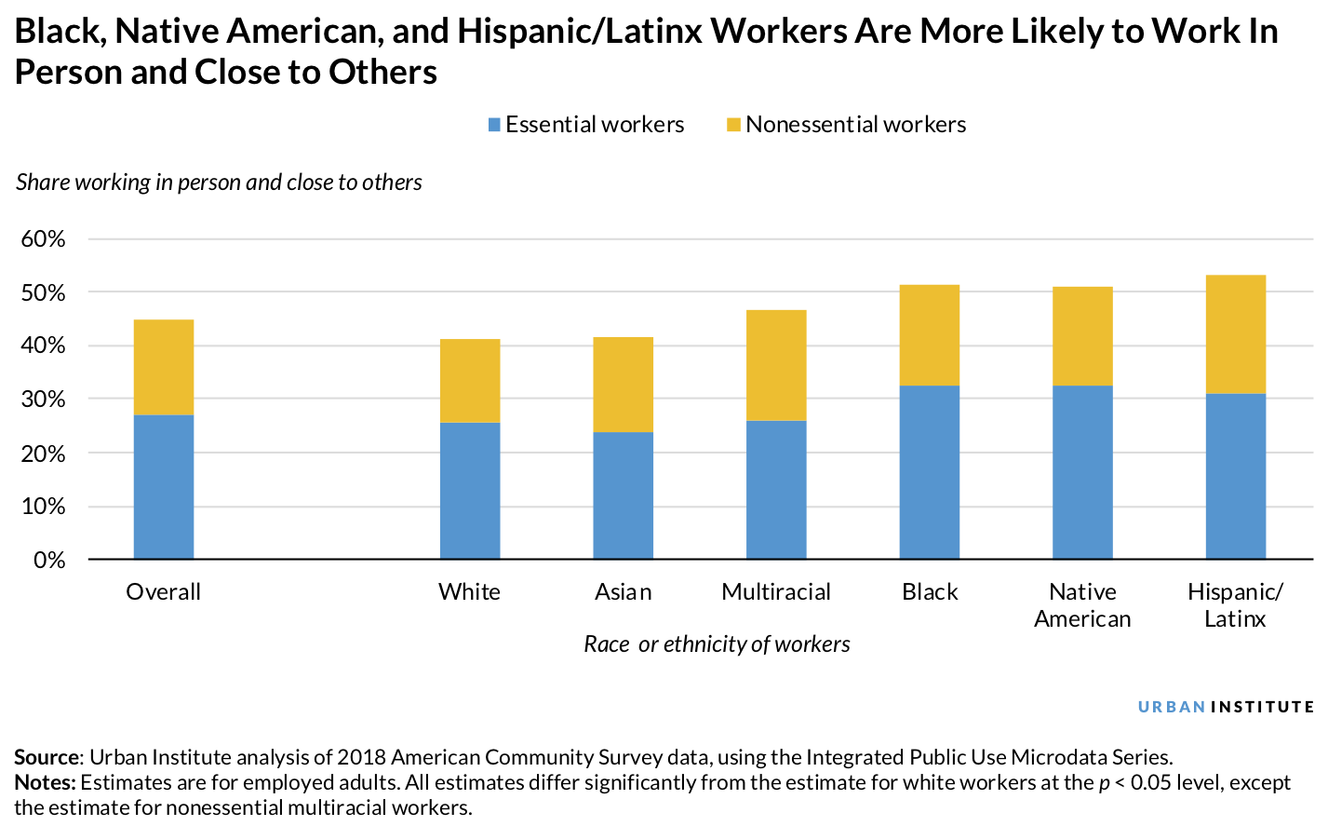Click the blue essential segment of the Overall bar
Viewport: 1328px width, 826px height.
coord(164,487)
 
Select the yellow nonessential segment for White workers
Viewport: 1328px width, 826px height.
coord(470,381)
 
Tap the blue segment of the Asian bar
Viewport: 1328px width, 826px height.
coord(623,495)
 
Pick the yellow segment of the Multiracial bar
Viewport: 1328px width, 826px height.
coord(776,365)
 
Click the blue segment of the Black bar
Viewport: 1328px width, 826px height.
coord(929,472)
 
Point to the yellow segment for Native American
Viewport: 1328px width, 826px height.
coord(1082,336)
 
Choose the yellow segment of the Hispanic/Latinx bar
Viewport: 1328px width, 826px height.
coord(1235,334)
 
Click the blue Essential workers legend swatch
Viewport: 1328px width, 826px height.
coord(494,125)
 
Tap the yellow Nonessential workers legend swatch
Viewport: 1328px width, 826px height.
coord(733,125)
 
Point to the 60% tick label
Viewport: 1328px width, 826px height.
coord(43,239)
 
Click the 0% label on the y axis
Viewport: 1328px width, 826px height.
coord(49,560)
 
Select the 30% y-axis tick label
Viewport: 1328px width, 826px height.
coord(43,399)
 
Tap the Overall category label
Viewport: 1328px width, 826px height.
coord(164,592)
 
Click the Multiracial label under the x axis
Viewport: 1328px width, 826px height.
coord(776,592)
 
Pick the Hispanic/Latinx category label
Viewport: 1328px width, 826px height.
coord(1235,605)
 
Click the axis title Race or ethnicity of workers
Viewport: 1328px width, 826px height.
coord(717,644)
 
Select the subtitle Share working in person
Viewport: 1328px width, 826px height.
coord(219,183)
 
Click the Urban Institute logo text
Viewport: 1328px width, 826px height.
coord(1226,707)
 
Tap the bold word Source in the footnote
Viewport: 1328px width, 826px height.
coord(48,757)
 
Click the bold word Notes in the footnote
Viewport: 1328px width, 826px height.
coord(45,782)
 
